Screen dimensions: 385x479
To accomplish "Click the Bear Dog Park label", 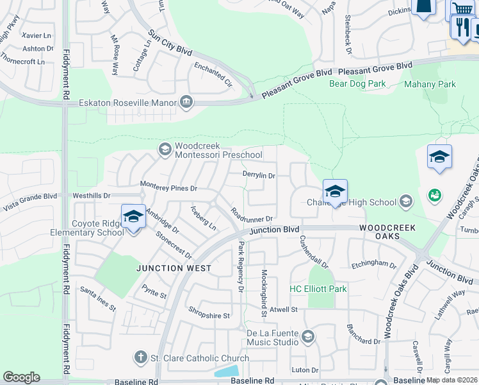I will pos(357,83).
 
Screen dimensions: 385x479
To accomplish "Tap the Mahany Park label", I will pos(430,84).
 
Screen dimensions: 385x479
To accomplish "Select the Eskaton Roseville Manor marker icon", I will pos(186,102).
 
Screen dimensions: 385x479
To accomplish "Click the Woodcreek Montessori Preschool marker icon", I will pos(165,150).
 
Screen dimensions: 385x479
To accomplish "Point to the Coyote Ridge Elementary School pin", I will pos(133,218).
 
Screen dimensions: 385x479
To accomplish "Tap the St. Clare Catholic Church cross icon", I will pos(140,357).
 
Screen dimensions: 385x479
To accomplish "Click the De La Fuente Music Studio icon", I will pos(308,337).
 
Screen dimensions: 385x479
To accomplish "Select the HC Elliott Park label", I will pos(318,289).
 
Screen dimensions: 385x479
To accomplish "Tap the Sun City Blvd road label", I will pos(170,43).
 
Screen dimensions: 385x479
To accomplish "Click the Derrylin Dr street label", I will pos(259,175).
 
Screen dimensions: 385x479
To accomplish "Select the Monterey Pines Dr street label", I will pos(168,188).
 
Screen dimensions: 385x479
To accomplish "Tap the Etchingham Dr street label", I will pos(374,263).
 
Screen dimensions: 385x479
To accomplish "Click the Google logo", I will pos(21,377).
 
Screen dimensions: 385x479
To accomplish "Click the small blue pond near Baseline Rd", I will pos(227,372).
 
